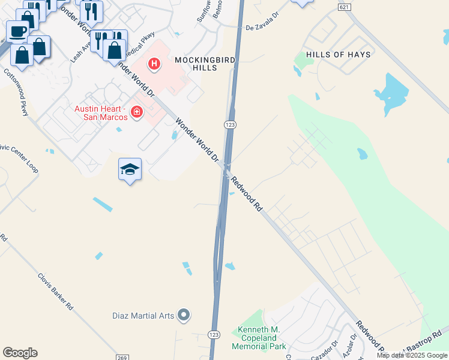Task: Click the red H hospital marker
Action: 154,64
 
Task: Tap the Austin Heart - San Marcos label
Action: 101,113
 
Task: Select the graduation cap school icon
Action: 130,170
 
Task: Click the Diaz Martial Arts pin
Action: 184,315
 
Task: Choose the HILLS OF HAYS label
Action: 338,55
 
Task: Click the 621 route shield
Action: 343,7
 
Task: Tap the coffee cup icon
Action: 17,31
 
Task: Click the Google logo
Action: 20,353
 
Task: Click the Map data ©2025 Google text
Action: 412,355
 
